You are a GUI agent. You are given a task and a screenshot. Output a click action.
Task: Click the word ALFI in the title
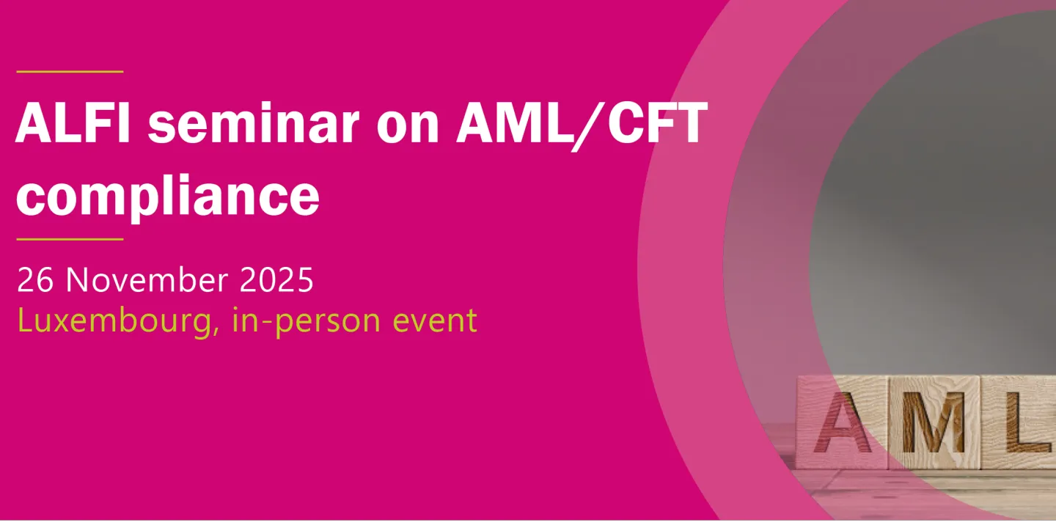(73, 124)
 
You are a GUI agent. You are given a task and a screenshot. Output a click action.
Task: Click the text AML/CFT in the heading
(580, 124)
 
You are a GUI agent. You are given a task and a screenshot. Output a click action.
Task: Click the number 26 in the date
(35, 280)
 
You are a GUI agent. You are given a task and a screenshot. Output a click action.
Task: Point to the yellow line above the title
(70, 72)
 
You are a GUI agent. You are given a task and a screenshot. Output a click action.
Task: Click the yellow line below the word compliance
(70, 239)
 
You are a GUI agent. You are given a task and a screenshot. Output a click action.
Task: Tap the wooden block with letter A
(843, 423)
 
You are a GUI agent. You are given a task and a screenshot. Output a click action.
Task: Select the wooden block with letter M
(933, 423)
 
